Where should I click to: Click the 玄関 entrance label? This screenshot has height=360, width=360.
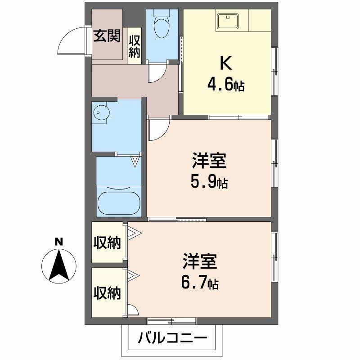(107, 36)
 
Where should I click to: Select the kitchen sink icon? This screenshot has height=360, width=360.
(228, 21)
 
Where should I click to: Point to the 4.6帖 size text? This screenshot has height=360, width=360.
(225, 84)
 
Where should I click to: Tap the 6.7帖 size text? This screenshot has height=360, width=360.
(199, 283)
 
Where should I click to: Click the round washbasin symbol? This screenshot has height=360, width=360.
(100, 113)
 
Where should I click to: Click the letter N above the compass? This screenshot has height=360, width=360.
(58, 242)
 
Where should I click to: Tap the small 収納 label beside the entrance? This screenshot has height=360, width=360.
(135, 46)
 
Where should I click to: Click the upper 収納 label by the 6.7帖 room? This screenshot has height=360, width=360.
(107, 243)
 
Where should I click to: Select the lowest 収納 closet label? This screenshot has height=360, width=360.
(107, 293)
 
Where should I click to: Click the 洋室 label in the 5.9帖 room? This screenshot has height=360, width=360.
(208, 160)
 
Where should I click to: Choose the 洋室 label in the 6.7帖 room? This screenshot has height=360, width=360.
(200, 261)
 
